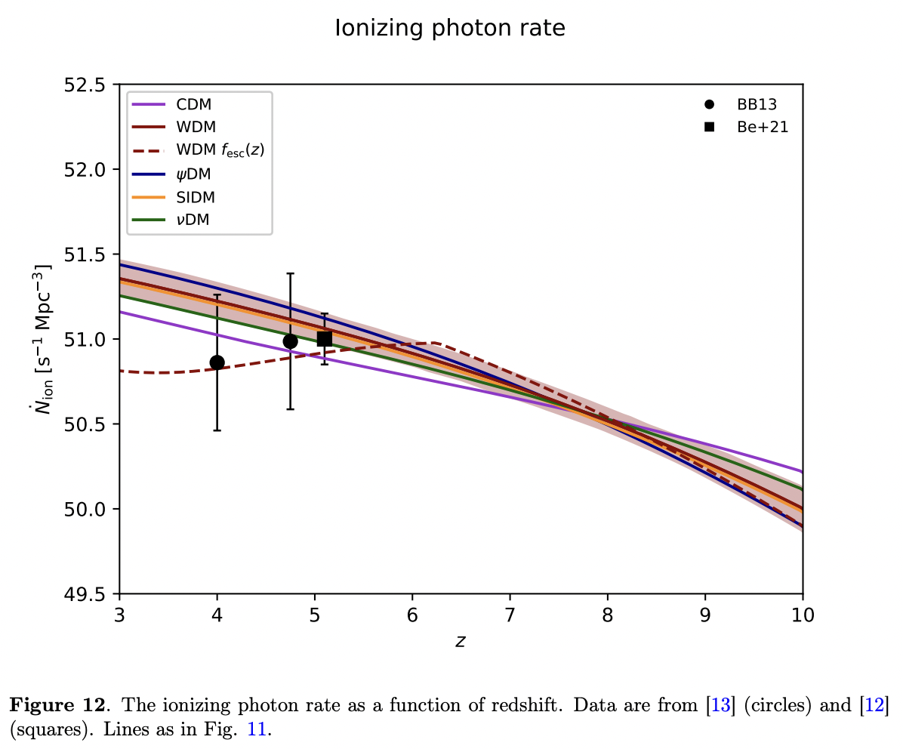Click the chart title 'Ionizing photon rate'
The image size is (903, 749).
(x=450, y=29)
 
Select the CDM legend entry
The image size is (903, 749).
(x=194, y=104)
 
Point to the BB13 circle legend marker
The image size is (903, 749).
(x=710, y=104)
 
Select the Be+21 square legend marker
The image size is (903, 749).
(x=710, y=127)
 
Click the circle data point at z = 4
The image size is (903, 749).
(x=217, y=362)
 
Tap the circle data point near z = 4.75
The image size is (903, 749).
(x=290, y=341)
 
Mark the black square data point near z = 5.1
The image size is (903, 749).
(x=325, y=339)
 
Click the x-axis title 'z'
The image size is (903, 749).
(x=461, y=642)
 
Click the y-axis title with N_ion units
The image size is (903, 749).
(x=50, y=339)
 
